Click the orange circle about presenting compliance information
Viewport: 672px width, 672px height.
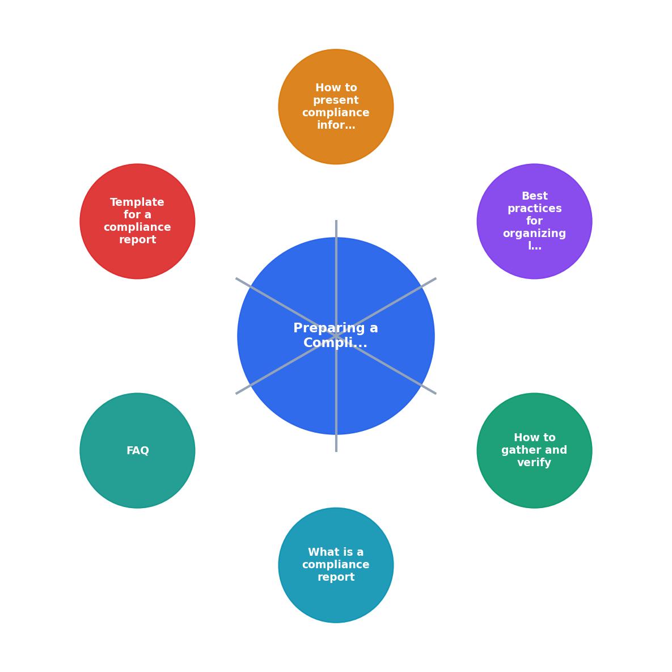point(336,107)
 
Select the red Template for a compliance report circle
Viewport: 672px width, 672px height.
point(138,221)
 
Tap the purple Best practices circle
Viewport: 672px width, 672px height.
point(534,221)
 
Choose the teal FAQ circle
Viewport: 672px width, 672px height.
point(138,450)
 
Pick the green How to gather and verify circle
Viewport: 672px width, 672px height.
point(534,450)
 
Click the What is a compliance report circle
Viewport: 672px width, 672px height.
point(336,565)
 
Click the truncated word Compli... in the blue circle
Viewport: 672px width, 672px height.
point(335,343)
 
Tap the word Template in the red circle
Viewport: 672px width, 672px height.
point(137,202)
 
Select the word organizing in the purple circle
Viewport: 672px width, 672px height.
point(534,234)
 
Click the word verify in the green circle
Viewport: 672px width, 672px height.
point(534,462)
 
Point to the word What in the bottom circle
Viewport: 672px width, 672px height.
point(320,552)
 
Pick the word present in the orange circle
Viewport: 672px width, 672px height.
point(336,100)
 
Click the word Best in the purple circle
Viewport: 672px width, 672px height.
point(534,196)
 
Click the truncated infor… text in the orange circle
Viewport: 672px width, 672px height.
point(336,125)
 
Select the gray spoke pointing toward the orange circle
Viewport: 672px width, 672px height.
point(336,278)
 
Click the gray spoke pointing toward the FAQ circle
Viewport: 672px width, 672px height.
point(286,365)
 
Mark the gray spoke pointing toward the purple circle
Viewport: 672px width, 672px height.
point(386,307)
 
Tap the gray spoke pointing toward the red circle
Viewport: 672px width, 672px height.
point(286,307)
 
